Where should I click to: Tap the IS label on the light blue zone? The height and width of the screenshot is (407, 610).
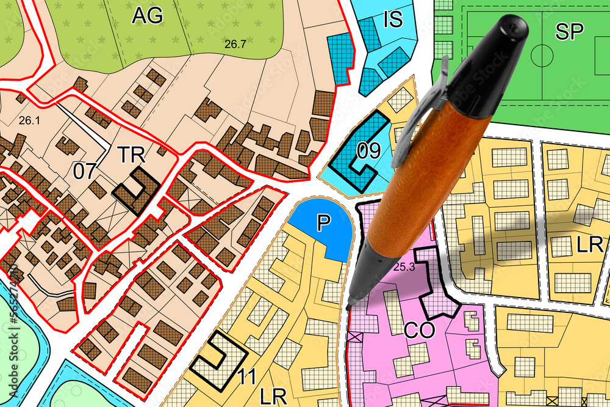click(393, 20)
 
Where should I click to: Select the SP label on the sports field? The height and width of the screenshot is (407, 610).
click(569, 32)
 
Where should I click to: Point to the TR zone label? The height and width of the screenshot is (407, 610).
click(131, 155)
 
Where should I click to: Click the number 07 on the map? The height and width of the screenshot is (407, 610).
click(85, 170)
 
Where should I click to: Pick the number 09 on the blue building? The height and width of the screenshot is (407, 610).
click(368, 151)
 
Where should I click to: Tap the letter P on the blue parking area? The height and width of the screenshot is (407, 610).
click(323, 224)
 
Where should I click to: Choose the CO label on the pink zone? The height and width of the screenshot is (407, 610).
click(419, 331)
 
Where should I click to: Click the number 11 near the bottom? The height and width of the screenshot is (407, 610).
click(246, 377)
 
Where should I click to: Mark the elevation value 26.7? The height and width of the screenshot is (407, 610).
click(234, 44)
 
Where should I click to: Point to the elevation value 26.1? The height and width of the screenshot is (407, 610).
click(29, 120)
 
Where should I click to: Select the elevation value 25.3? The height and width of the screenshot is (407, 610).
click(404, 266)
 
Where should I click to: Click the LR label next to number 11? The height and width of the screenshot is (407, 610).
click(273, 395)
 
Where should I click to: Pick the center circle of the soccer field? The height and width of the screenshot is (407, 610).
click(542, 56)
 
